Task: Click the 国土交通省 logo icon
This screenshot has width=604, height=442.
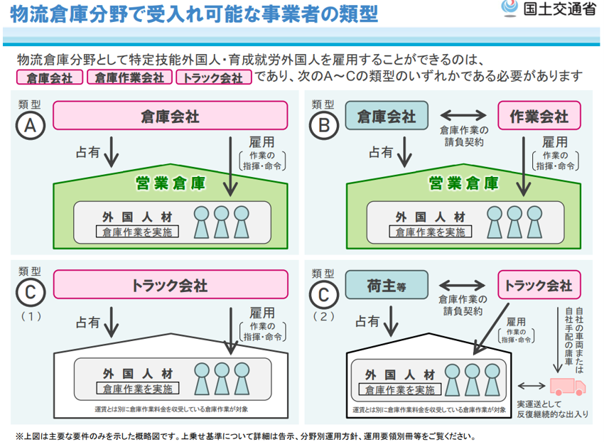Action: (509, 8)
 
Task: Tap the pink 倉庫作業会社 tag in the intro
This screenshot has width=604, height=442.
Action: (129, 77)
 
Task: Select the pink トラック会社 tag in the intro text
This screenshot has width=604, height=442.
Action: (214, 77)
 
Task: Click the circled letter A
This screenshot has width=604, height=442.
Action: (31, 125)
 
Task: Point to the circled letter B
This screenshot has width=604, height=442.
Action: (324, 125)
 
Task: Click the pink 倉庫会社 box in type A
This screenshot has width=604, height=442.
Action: (171, 116)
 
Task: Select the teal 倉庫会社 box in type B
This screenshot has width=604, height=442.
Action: (387, 115)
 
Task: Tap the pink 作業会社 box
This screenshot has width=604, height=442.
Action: (539, 115)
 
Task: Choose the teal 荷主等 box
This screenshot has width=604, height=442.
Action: (387, 285)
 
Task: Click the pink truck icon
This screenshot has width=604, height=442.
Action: (568, 386)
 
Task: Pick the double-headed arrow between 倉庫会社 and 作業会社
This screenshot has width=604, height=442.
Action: (463, 115)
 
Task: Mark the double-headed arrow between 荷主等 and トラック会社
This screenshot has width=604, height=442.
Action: (462, 285)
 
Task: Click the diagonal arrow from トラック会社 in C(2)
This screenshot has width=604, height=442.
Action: (491, 329)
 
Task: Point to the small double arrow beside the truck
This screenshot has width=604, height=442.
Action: (532, 386)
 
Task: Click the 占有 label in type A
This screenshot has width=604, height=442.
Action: (88, 152)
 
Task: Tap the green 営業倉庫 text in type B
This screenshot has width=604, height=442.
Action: (464, 183)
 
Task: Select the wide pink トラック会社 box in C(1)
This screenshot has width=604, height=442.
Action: (171, 284)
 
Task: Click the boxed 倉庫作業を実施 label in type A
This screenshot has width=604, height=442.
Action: (137, 232)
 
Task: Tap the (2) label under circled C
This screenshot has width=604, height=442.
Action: (323, 317)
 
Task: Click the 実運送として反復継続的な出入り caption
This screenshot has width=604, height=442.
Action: (553, 409)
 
